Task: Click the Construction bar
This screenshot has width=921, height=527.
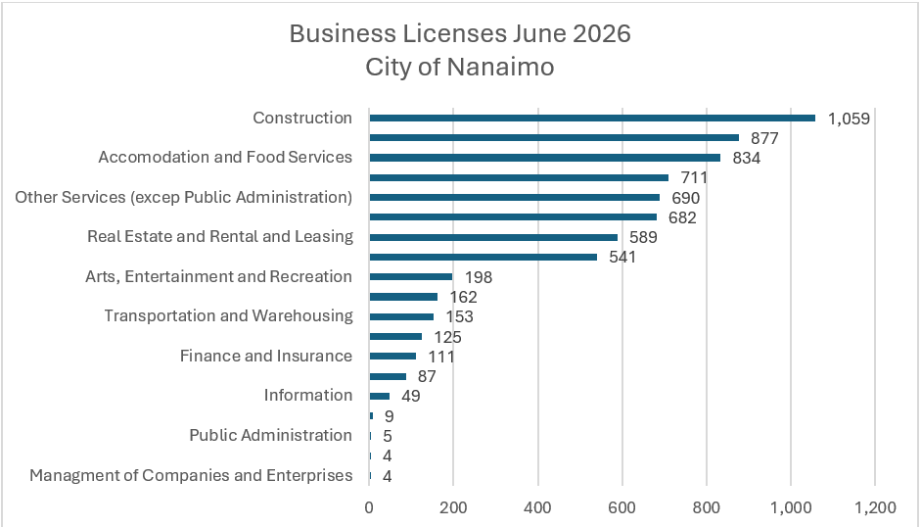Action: point(592,118)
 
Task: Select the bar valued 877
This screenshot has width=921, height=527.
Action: point(554,138)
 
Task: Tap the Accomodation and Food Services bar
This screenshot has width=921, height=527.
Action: point(544,158)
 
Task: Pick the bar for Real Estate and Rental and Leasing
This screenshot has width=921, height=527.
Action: point(493,237)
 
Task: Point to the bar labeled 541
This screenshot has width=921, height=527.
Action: point(483,257)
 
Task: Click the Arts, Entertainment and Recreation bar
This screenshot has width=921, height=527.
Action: point(410,277)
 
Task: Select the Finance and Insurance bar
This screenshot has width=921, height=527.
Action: point(392,356)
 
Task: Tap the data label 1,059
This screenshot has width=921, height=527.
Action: point(849,119)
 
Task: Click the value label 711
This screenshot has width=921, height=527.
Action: point(694,177)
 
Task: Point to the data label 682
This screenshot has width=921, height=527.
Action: point(682,217)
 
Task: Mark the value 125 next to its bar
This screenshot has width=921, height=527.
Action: point(447,337)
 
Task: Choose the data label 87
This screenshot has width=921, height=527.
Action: point(427,376)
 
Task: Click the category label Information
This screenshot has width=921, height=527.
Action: point(308,396)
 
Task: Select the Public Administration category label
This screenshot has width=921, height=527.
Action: point(271,435)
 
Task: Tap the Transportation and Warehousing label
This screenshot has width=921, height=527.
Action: point(229,315)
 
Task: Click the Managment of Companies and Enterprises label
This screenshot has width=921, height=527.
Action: point(192,475)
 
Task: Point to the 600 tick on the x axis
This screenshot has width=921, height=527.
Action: point(622,507)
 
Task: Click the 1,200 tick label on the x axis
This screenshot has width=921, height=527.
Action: point(875,507)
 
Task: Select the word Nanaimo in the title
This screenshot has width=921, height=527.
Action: point(500,67)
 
